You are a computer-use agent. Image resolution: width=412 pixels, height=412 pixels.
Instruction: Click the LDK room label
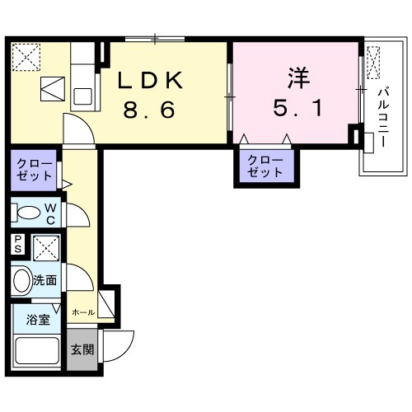pyautogui.click(x=150, y=80)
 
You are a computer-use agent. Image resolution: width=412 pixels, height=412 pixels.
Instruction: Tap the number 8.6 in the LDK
pyautogui.click(x=149, y=110)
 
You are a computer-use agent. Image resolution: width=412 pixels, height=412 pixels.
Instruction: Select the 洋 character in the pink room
pyautogui.click(x=298, y=77)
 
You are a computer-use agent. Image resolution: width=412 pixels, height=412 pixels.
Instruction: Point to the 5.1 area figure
pyautogui.click(x=298, y=108)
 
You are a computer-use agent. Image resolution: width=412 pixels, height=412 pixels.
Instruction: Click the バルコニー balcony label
pyautogui.click(x=383, y=117)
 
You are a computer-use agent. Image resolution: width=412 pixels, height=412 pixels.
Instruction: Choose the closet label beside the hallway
pyautogui.click(x=34, y=170)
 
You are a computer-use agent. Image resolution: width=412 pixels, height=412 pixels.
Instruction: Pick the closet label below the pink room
pyautogui.click(x=265, y=166)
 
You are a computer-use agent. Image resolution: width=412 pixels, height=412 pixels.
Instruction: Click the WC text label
pyautogui.click(x=50, y=213)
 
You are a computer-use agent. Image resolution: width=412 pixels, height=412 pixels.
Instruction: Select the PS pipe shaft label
pyautogui.click(x=18, y=244)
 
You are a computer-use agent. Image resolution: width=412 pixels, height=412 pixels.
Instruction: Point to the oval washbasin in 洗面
pyautogui.click(x=22, y=280)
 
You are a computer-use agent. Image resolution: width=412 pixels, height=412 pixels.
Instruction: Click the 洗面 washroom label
pyautogui.click(x=44, y=280)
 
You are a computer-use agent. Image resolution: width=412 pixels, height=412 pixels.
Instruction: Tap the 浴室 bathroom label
pyautogui.click(x=38, y=320)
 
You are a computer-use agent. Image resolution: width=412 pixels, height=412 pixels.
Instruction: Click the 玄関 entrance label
pyautogui.click(x=82, y=349)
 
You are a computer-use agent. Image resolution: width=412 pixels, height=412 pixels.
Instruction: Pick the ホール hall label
pyautogui.click(x=83, y=312)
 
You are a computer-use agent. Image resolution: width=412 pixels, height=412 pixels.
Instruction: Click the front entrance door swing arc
pyautogui.click(x=126, y=351)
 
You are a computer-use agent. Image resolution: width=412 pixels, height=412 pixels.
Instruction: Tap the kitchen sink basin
pyautogui.click(x=82, y=96)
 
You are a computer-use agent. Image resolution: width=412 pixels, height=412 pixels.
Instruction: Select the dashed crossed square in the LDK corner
pyautogui.click(x=26, y=57)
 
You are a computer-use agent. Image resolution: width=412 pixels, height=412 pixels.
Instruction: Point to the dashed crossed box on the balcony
pyautogui.click(x=373, y=63)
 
